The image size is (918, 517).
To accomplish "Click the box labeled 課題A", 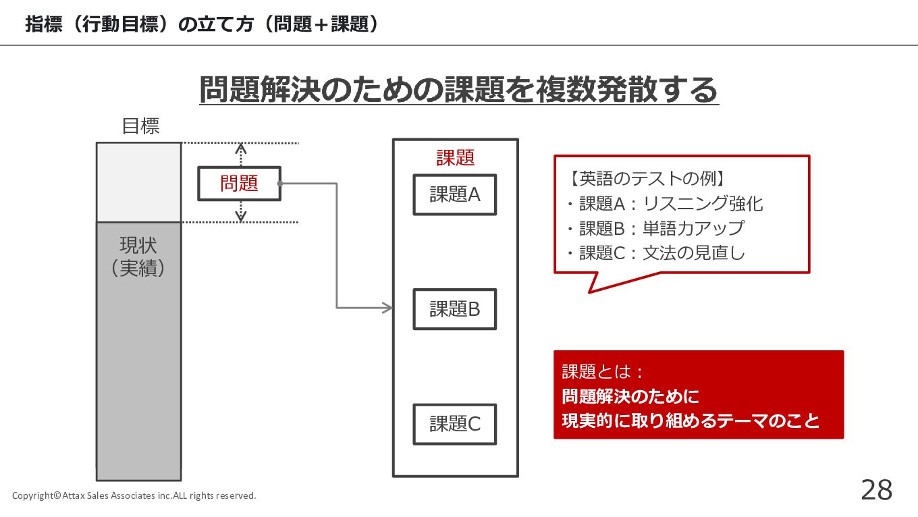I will pos(455,195).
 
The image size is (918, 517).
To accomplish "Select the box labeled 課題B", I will pos(455,309).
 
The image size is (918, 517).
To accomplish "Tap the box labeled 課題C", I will pos(455,424).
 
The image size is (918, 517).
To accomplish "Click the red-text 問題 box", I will pos(239,184).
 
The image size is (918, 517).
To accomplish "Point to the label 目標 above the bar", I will pos(140,126).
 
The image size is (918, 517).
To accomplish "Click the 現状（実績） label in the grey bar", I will pos(138,256).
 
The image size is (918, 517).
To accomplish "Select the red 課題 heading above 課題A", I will pos(456,158).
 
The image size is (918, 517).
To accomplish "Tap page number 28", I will pos(876,490).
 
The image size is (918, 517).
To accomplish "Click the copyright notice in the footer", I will pos(134,496).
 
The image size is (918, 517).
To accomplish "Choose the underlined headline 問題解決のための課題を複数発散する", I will pos(459,90).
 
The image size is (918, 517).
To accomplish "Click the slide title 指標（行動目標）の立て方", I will pos(202,24).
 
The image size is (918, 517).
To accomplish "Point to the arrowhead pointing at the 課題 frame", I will pos(388,308).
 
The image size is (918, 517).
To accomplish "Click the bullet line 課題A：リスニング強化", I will pos(665,204).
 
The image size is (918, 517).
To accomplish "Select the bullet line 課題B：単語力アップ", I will pos(655,228).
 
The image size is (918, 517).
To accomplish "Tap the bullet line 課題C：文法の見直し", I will pos(655,253).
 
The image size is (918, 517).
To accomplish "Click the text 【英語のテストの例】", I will pos(645,179).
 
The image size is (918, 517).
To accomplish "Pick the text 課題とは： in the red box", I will pos(603,372).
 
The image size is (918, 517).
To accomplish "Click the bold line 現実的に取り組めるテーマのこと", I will pos(691,420).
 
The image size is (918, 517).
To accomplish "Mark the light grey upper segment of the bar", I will pos(138,182).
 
